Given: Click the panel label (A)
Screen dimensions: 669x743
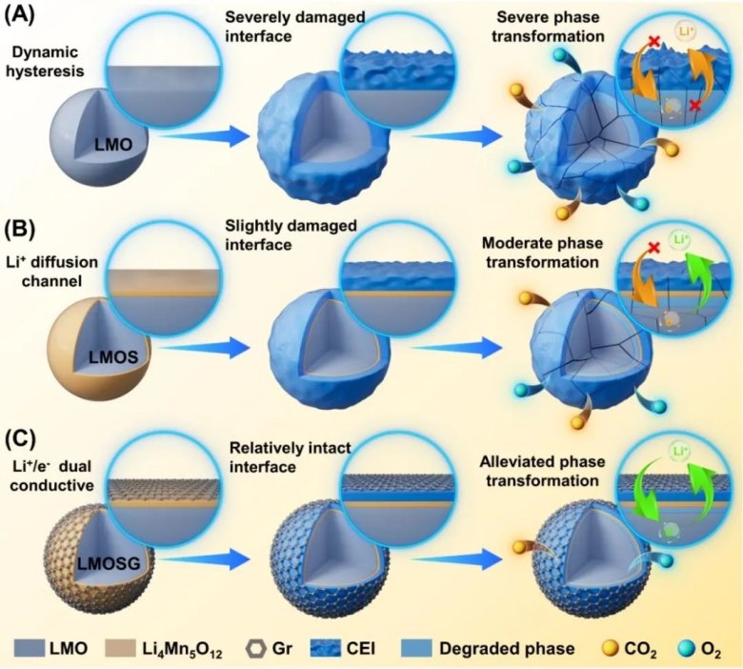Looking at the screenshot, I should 22,14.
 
